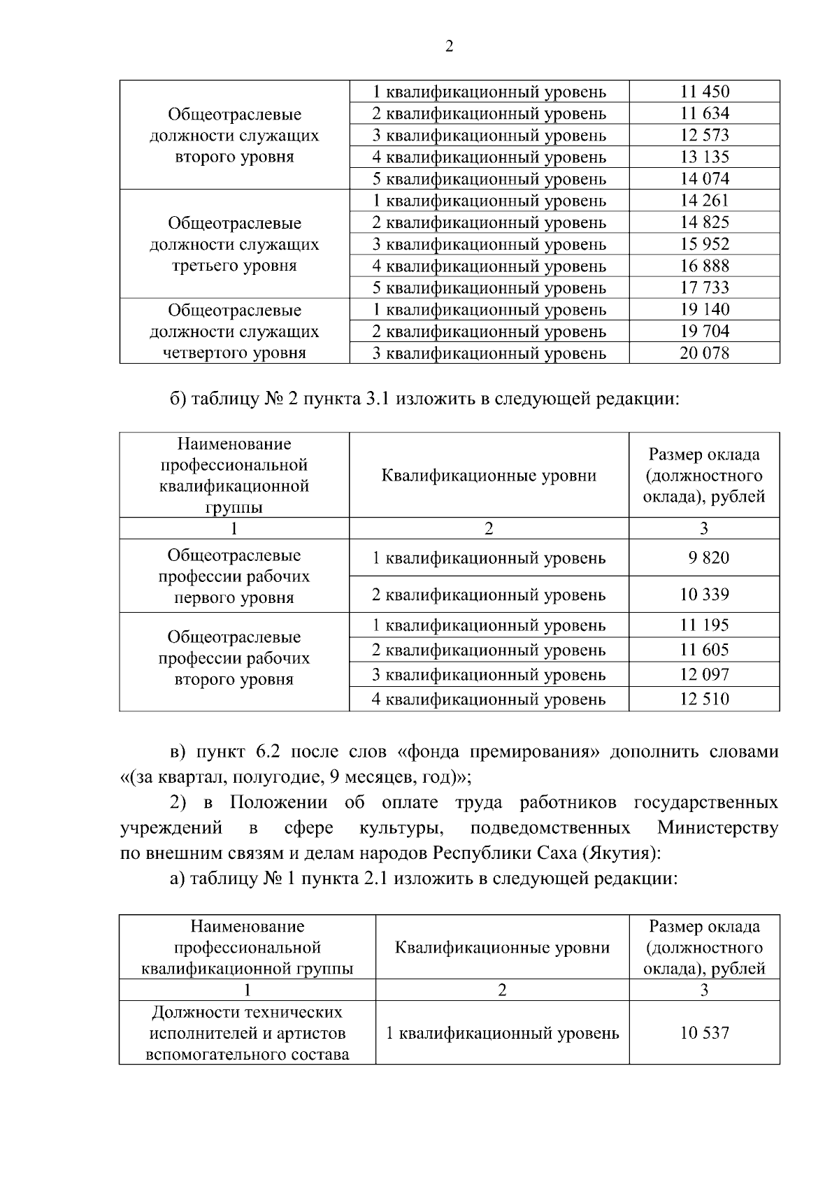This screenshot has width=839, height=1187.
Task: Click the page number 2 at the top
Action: [449, 46]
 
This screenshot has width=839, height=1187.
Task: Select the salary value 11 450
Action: [704, 92]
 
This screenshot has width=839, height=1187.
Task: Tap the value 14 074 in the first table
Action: [704, 178]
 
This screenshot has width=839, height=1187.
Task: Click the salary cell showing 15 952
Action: [704, 244]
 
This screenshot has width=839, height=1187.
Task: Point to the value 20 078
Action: [704, 353]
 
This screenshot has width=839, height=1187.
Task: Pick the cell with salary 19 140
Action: [704, 309]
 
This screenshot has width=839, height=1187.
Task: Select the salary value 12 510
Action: [704, 699]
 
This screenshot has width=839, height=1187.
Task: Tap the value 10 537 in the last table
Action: [704, 1032]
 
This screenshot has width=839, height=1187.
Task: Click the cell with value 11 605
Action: [704, 650]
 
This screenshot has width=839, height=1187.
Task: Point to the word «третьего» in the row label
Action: [203, 266]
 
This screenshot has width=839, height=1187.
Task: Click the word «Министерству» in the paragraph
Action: [717, 828]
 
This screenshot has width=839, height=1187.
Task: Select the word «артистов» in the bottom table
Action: [313, 1033]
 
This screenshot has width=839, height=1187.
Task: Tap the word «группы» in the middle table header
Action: [234, 508]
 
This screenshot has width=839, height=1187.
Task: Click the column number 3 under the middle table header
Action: [704, 528]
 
